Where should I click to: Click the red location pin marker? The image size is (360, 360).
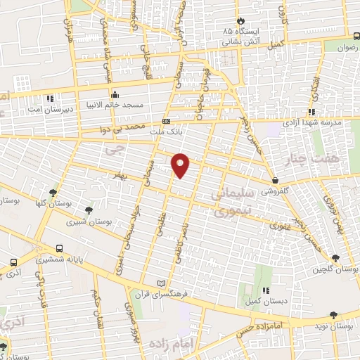[x=181, y=165]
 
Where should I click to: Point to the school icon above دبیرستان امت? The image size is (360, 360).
[x=49, y=98]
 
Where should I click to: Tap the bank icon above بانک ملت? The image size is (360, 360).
[x=166, y=120]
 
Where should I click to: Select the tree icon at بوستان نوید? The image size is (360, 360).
[x=333, y=315]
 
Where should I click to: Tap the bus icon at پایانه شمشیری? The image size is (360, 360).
[x=58, y=248]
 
